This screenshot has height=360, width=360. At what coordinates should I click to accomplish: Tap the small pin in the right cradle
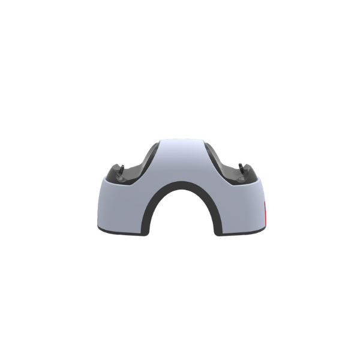point(242,167)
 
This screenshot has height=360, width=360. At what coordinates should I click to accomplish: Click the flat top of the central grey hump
point(180,144)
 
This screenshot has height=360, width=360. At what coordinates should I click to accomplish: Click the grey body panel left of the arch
point(120,207)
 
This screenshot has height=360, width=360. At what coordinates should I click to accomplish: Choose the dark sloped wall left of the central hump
point(147,162)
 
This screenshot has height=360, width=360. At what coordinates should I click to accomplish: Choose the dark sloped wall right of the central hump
point(214,162)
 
